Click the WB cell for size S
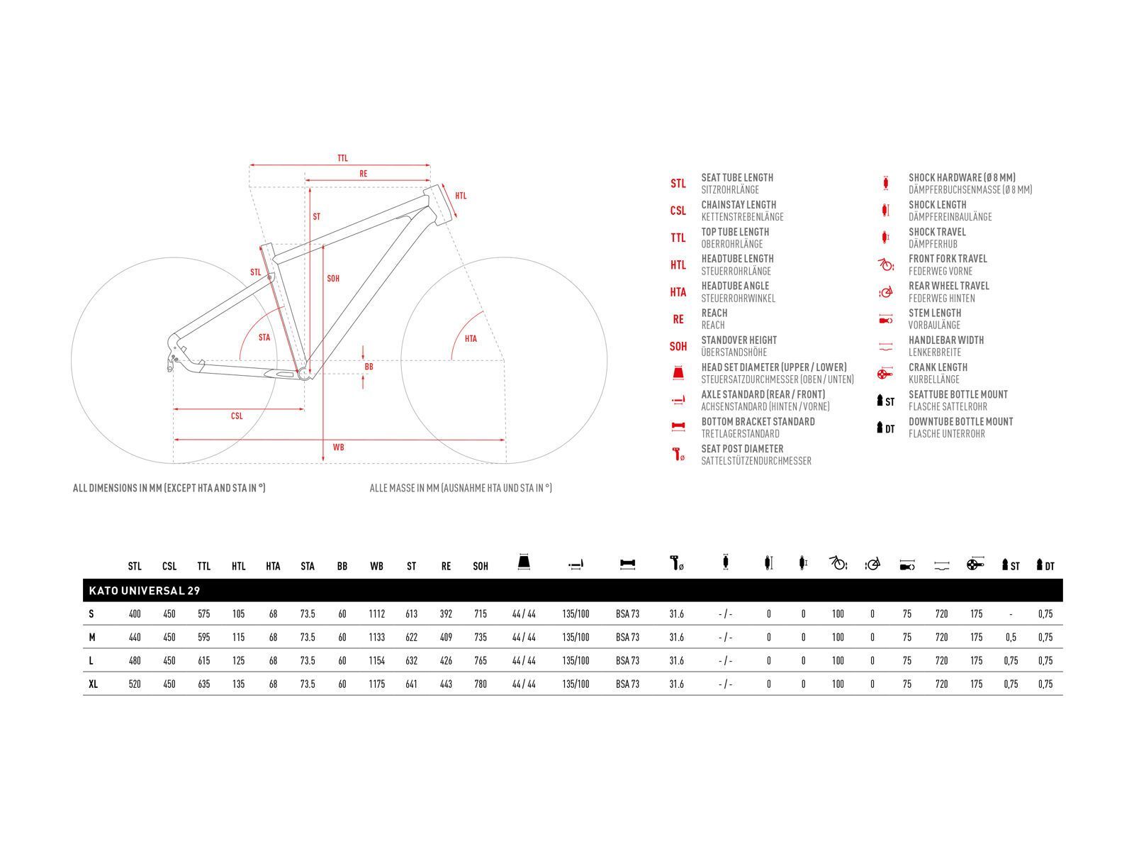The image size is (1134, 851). tap(376, 614)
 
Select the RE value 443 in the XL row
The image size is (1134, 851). tap(446, 684)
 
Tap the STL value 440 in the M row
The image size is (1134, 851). tap(135, 637)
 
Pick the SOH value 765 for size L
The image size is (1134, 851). tap(481, 660)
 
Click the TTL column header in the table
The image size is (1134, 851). tap(204, 567)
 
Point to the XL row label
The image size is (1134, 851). tap(93, 684)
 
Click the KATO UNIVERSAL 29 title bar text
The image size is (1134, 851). tap(144, 591)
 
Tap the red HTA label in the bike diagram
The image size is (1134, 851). tap(471, 339)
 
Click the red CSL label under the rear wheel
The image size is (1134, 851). tap(237, 416)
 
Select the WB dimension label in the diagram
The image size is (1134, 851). tap(338, 447)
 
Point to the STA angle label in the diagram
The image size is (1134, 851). tap(264, 338)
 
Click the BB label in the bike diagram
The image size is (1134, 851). tap(369, 367)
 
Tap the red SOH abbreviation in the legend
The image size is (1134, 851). tap(678, 347)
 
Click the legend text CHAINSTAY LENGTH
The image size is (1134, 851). tap(739, 205)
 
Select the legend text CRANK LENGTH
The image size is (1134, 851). tap(938, 367)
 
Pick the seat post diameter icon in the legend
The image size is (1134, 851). tap(678, 455)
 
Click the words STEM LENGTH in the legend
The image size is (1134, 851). tap(935, 313)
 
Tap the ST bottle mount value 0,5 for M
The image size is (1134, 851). tap(1011, 637)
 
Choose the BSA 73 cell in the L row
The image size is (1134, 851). tap(627, 660)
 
